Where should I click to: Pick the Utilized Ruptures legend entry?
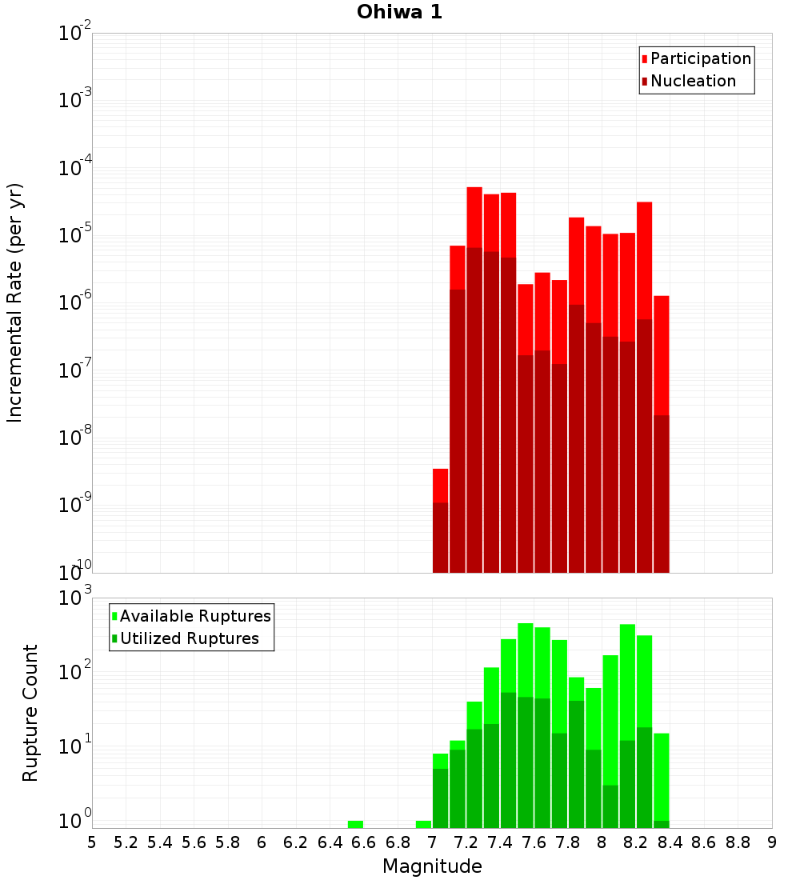click(x=189, y=638)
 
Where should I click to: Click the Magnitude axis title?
click(x=432, y=866)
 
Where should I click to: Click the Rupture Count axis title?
click(x=30, y=712)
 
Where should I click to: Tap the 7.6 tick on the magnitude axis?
click(x=534, y=842)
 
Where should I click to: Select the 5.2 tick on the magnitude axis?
click(x=126, y=842)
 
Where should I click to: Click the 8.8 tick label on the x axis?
click(x=738, y=842)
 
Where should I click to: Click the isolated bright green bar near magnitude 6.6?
click(x=355, y=824)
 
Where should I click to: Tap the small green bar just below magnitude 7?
click(x=423, y=824)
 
